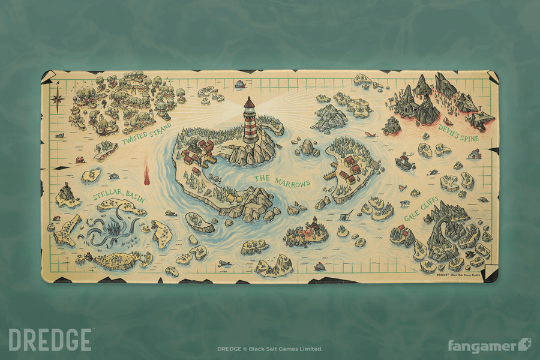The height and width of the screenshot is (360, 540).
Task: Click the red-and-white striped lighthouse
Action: tap(249, 122)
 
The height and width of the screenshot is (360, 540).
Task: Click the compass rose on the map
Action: tap(59, 96)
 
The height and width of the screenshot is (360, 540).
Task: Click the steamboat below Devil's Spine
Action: tap(406, 161)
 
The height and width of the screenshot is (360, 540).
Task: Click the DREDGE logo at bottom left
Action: tap(50, 340)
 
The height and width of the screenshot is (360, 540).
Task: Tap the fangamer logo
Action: tap(489, 346)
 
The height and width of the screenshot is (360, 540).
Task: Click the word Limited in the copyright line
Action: tap(310, 349)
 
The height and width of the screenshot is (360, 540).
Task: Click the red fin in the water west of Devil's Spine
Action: tap(370, 134)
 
